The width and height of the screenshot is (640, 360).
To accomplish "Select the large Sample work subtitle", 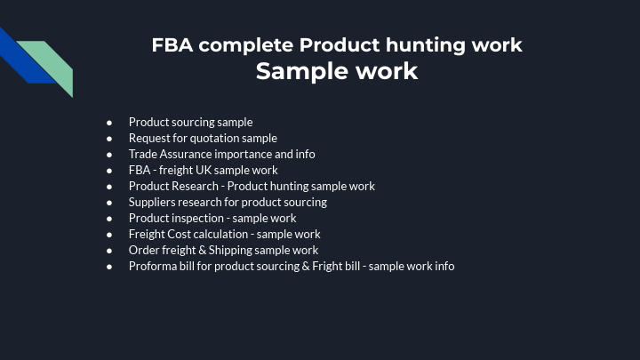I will pos(337,71).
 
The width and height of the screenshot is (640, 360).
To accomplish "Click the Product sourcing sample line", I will pos(190,122).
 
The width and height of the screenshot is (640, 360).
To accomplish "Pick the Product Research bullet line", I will pos(252,186).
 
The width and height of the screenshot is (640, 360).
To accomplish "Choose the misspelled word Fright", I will pos(330,266).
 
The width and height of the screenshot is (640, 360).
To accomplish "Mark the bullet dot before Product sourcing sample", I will pos(109,123).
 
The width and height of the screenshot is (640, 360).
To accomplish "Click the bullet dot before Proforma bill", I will pos(109,267).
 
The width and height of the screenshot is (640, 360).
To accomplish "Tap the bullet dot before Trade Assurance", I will pos(109,155).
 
